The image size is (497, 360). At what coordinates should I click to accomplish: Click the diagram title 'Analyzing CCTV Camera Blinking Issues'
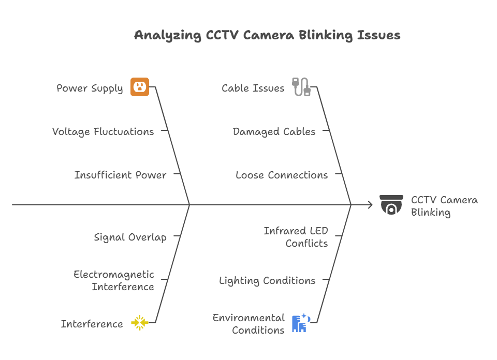267,36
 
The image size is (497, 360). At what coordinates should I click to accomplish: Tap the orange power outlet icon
140,87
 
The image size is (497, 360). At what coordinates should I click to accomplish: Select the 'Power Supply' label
90,88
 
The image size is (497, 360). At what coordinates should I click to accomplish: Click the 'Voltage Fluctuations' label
103,132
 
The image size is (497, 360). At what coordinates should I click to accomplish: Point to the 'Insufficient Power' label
120,175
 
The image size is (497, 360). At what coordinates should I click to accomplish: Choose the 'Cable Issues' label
253,88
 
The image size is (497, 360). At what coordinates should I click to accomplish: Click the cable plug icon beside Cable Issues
301,87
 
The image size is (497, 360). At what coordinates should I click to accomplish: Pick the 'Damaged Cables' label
274,132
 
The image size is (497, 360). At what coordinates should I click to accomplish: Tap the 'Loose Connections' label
282,175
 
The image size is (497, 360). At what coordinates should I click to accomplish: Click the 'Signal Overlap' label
130,237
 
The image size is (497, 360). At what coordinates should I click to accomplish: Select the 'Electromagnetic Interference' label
114,280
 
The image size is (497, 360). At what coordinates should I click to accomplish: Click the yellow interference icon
140,323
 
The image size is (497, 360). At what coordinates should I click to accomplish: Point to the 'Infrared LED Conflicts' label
296,237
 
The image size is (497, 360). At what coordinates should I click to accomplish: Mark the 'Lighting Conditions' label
267,281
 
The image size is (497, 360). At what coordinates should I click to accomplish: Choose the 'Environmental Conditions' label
248,324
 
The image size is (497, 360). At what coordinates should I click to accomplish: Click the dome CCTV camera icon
391,205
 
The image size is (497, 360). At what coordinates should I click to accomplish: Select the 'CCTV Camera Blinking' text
444,206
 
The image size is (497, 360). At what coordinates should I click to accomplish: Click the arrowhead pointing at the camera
370,205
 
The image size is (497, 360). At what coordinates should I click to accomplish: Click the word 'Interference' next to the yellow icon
92,324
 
